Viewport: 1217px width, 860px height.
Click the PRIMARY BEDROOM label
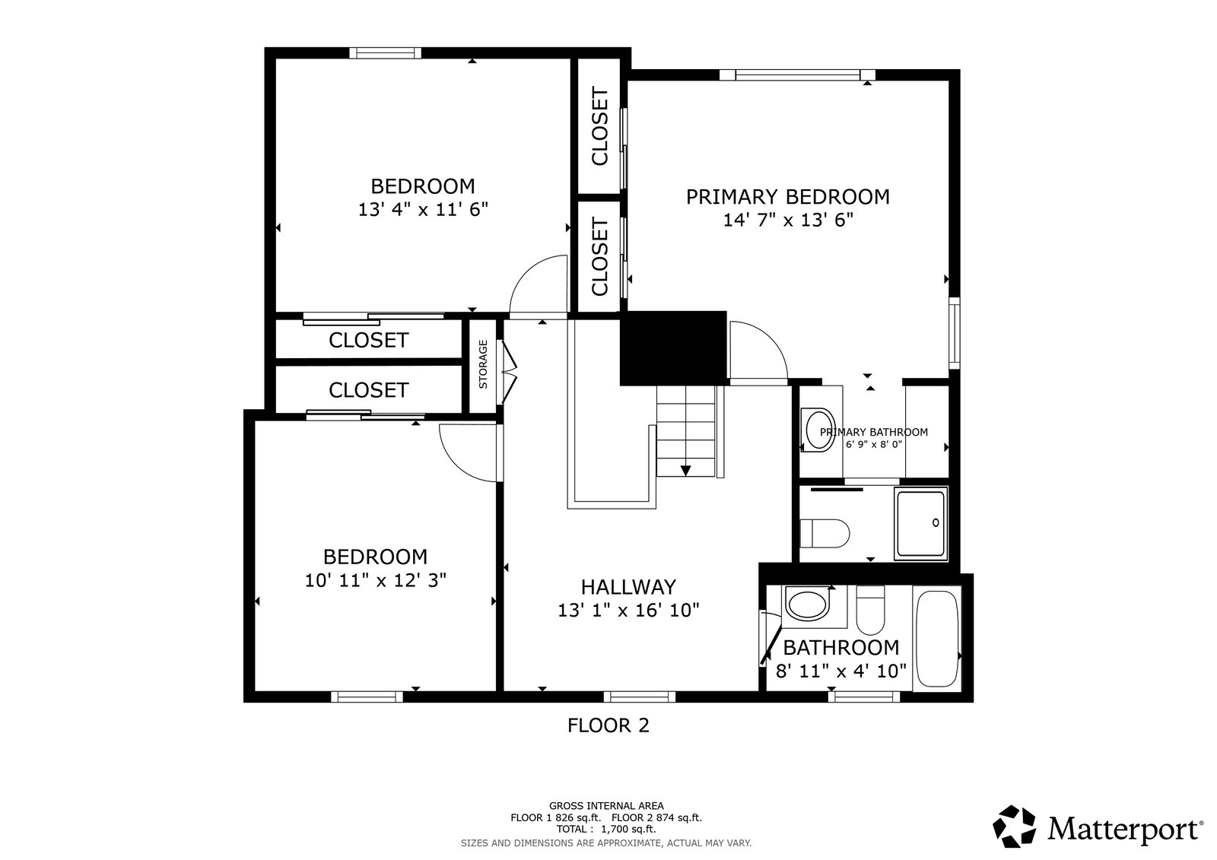[x=788, y=197]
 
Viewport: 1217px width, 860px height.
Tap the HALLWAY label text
[x=628, y=587]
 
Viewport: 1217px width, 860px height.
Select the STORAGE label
[x=483, y=364]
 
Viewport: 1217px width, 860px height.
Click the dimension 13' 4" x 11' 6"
[x=423, y=210]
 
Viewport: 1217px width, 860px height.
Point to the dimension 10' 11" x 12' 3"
[x=376, y=581]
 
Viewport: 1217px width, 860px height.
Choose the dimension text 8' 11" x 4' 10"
[x=841, y=671]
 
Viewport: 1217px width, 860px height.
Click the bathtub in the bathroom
[x=936, y=639]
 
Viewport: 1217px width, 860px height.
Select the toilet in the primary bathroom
[x=825, y=534]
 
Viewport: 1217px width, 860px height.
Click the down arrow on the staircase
[x=685, y=471]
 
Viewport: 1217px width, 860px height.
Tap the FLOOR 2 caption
[x=608, y=726]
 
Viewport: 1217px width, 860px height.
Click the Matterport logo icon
[x=1014, y=827]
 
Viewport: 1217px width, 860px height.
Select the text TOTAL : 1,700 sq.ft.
[x=606, y=829]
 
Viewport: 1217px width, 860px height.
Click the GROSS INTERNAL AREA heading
[x=606, y=806]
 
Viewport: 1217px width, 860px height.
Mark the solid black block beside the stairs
[x=674, y=348]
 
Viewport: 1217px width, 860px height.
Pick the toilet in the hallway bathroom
[x=870, y=610]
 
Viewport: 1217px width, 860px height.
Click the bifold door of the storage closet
[x=508, y=372]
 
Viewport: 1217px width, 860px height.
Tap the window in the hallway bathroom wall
[x=864, y=696]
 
